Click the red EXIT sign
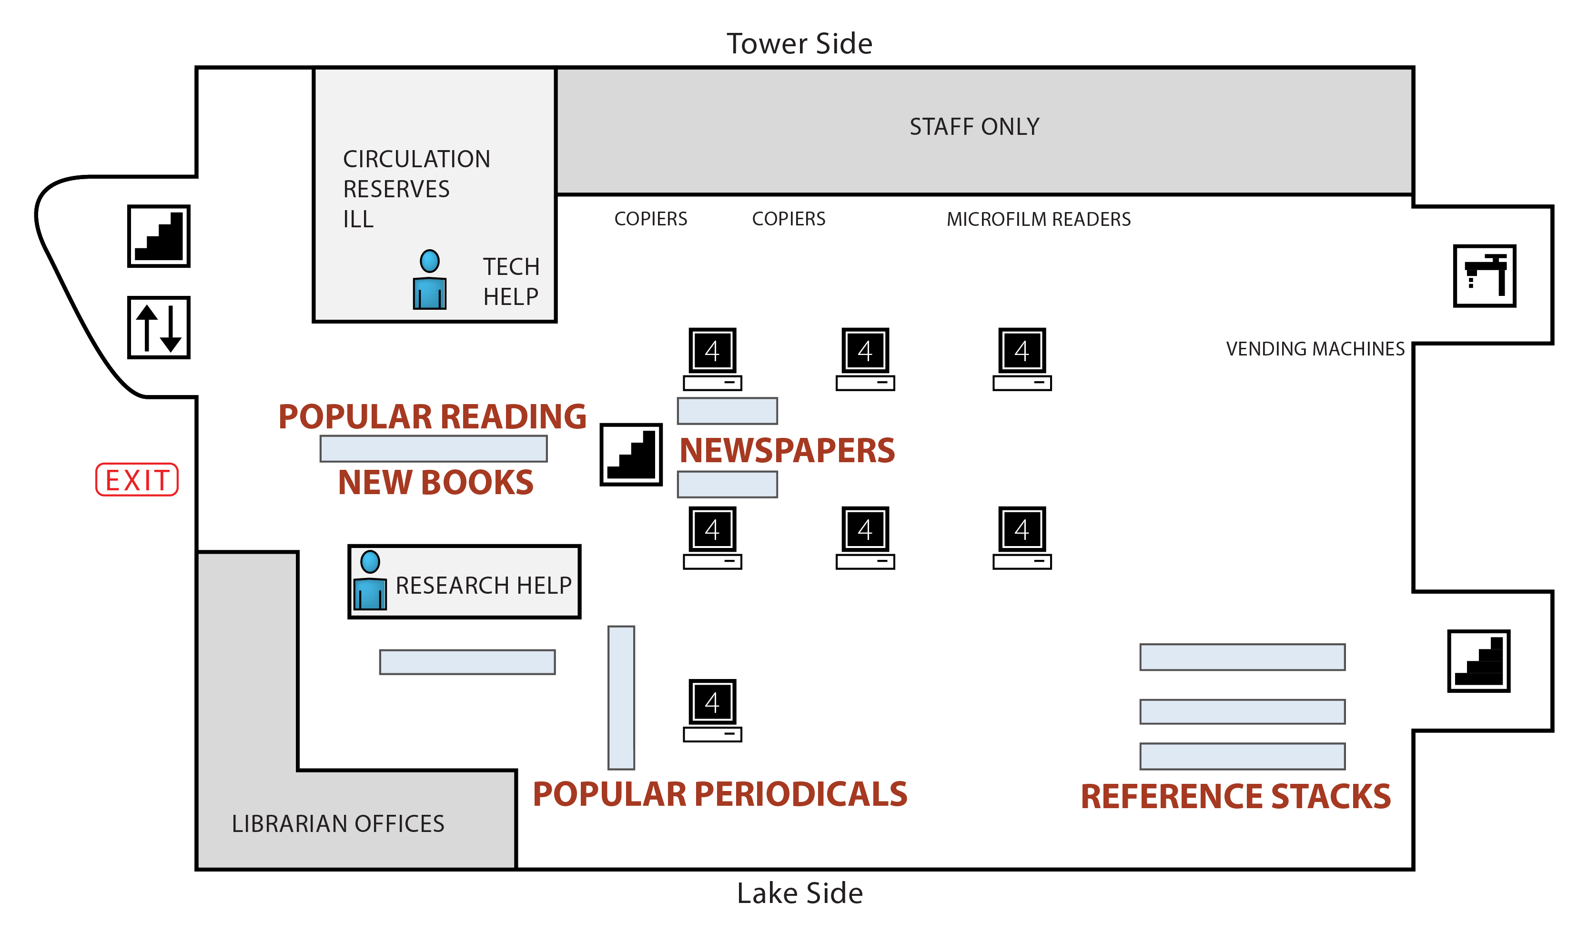coord(137,480)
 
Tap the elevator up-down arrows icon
coord(159,328)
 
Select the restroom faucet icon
coord(1485,276)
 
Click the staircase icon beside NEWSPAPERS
coord(631,455)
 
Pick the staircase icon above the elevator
coord(159,236)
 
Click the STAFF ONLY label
coord(974,127)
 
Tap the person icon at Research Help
coord(370,581)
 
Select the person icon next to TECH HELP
coord(429,280)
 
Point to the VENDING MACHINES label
coord(1315,349)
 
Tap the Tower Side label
coord(799,44)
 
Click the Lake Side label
coord(799,893)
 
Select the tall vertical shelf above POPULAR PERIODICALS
coord(621,698)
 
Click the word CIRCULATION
coord(416,159)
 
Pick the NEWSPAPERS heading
coord(787,450)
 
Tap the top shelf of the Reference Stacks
coord(1242,657)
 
